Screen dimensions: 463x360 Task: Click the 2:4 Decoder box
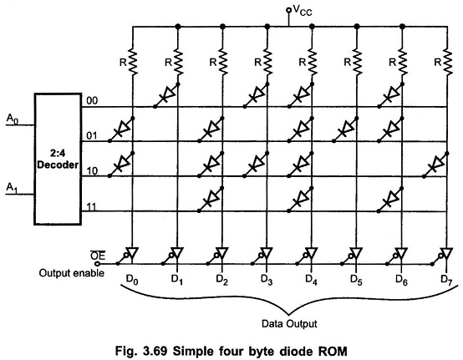click(58, 159)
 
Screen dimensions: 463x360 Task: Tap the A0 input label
click(12, 119)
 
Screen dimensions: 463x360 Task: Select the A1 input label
click(12, 188)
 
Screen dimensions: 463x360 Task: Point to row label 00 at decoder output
click(92, 101)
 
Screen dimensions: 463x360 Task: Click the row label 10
click(92, 171)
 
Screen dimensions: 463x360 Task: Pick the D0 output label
click(132, 280)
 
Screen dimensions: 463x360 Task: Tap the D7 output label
click(446, 280)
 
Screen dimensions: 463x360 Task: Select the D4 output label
click(311, 280)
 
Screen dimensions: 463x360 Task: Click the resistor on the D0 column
click(133, 63)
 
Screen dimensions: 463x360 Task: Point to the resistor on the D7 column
click(447, 63)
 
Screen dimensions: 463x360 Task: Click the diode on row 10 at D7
click(435, 165)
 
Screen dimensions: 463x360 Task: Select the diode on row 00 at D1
click(166, 95)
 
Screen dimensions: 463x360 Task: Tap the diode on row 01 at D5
click(345, 129)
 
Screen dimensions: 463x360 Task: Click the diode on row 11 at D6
click(390, 199)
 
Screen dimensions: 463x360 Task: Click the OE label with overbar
click(96, 256)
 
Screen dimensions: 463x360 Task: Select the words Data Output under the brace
click(289, 324)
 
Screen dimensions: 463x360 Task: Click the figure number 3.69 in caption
click(155, 352)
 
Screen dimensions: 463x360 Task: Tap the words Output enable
click(72, 273)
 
